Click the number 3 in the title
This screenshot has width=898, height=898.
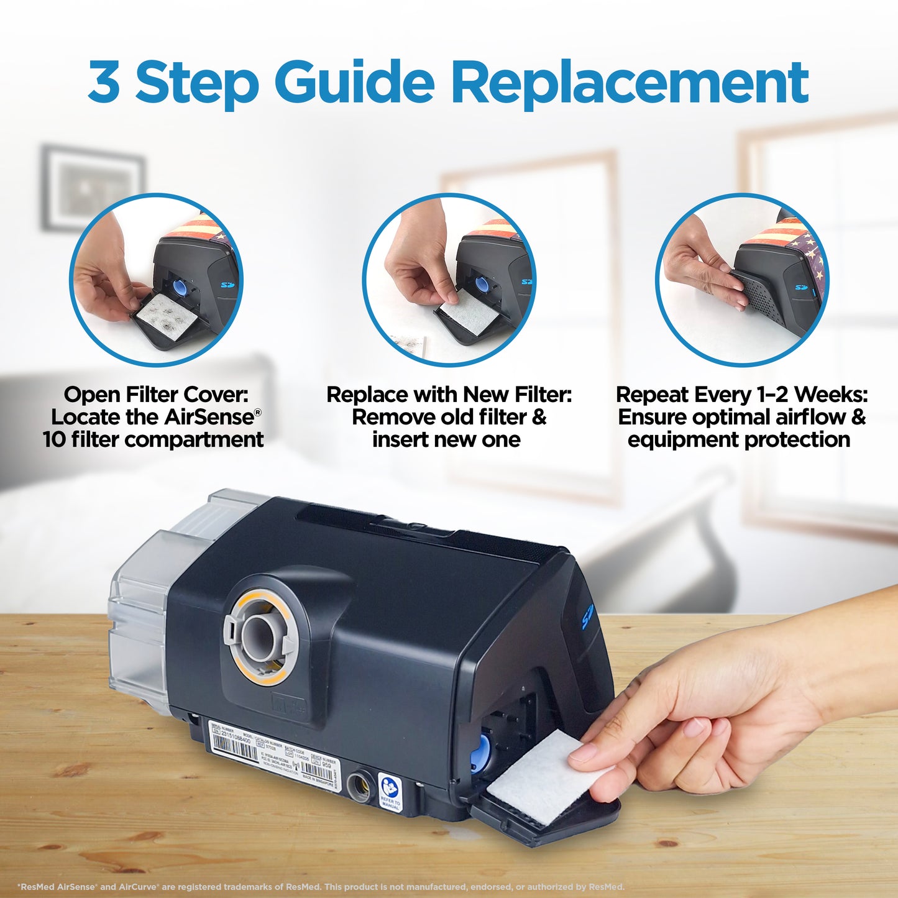click(104, 82)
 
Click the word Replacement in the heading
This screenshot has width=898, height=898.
click(630, 82)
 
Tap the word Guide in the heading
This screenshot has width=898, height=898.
click(354, 82)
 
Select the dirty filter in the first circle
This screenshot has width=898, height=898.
click(166, 311)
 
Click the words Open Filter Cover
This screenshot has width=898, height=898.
click(155, 395)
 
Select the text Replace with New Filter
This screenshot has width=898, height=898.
click(449, 395)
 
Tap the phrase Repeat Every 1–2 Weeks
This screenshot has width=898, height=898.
click(741, 395)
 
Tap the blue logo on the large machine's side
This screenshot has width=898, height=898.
click(587, 617)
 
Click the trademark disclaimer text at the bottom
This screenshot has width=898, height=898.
click(321, 887)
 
